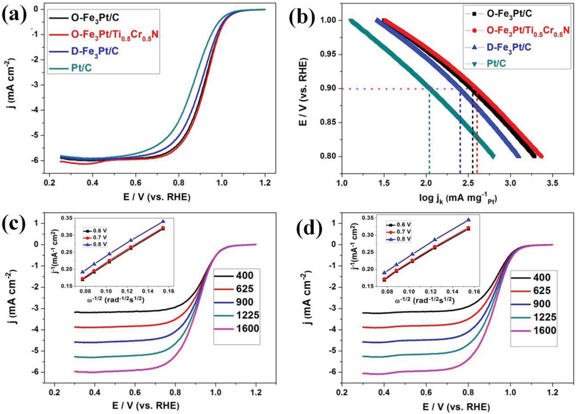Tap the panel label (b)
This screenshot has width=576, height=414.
(x=306, y=14)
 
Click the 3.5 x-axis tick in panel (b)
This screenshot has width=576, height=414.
(x=552, y=171)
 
